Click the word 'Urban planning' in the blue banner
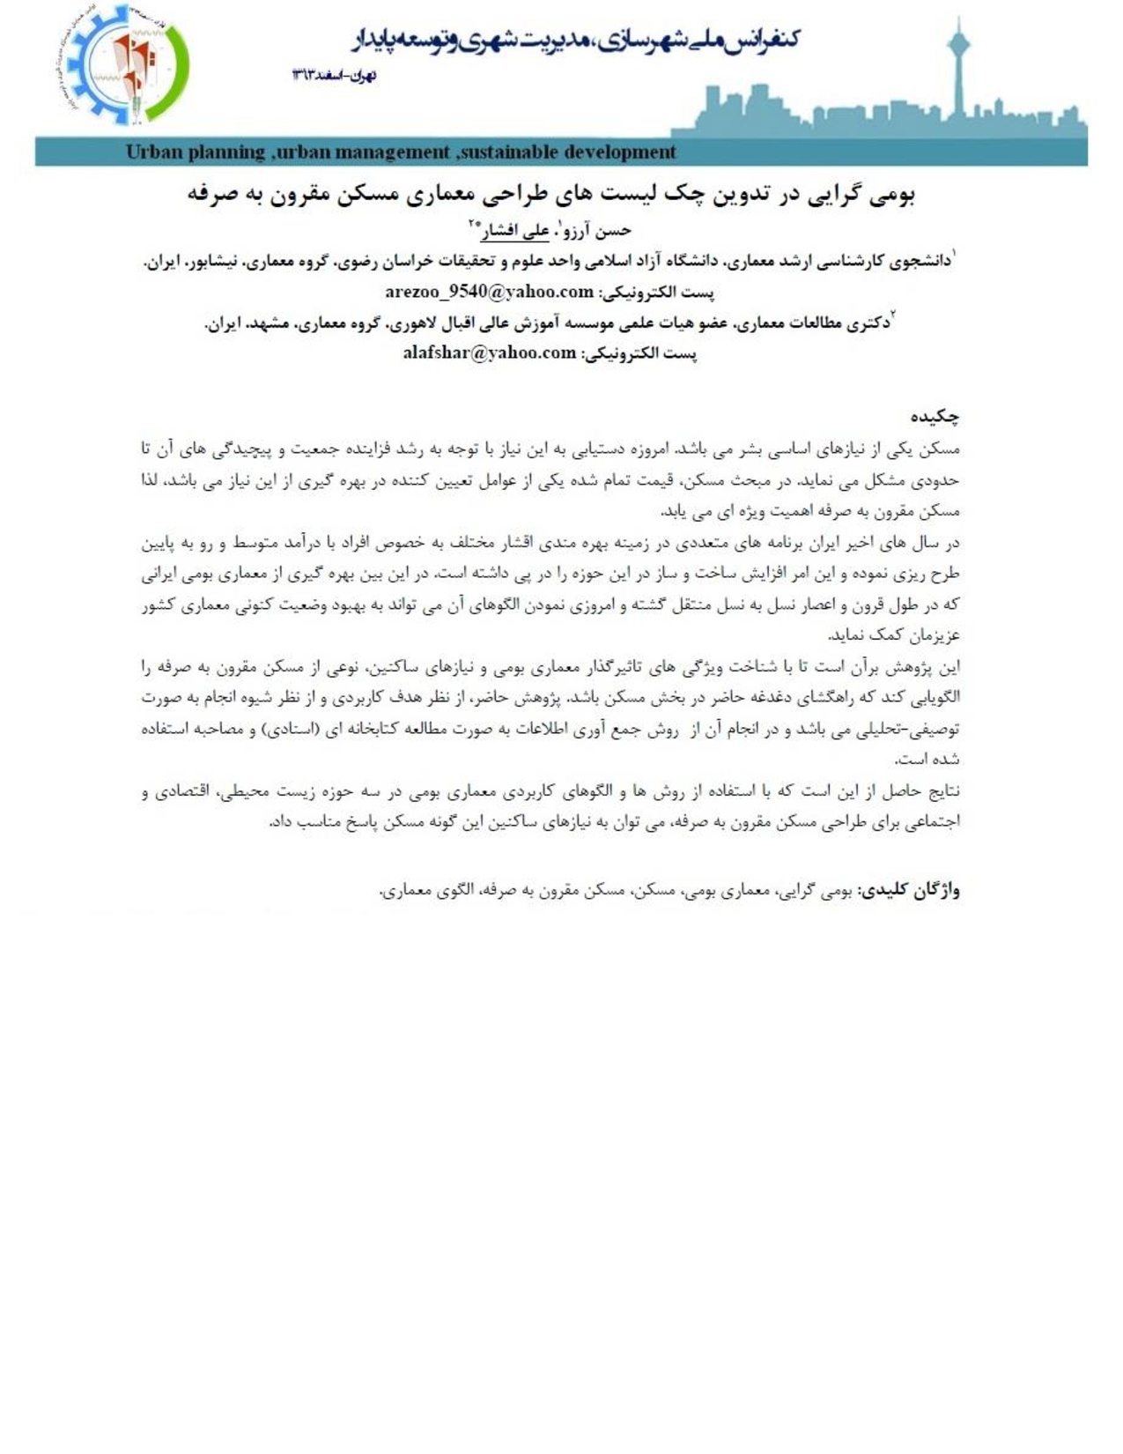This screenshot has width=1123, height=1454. pos(195,152)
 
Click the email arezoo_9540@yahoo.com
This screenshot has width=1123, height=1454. pos(489,292)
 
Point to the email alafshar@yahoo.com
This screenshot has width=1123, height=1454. pos(489,352)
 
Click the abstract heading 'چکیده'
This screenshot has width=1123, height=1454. pos(935,416)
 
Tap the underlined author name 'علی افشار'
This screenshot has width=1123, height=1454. pos(514,231)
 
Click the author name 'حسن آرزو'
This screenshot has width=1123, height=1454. pos(599,231)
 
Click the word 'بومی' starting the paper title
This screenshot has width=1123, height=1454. pos(893,195)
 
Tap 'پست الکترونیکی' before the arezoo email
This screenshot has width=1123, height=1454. pos(656,292)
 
